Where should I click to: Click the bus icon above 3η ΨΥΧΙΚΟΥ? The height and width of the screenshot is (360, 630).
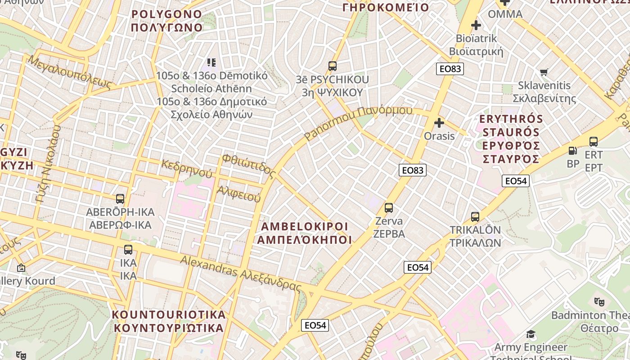pos(333,66)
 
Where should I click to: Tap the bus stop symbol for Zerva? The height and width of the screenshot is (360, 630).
pos(389,208)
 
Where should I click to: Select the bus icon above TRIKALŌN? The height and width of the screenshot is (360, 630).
pos(475,217)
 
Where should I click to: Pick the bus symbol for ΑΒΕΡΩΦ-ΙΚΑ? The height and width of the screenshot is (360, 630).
pos(120,198)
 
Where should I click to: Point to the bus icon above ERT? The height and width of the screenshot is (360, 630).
pos(594,142)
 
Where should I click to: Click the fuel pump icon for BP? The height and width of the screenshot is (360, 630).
pos(572,151)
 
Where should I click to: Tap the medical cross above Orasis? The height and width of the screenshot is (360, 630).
pos(439,122)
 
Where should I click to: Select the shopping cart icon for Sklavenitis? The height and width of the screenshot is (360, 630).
pos(544,72)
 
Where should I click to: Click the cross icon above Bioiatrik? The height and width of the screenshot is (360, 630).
pos(476,25)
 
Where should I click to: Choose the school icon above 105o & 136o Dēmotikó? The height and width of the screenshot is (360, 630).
pos(211,62)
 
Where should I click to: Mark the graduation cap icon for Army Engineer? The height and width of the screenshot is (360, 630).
pos(531,334)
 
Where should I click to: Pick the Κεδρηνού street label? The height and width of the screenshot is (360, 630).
pos(187,168)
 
